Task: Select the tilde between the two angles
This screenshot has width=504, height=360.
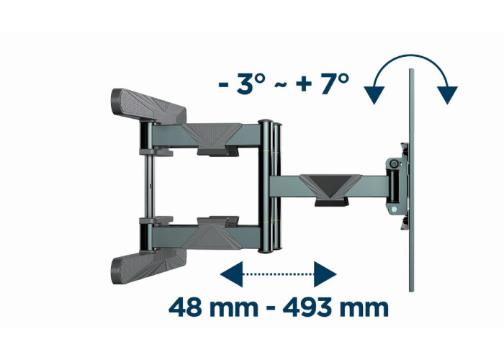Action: [x=281, y=85]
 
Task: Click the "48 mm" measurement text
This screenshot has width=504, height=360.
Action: [x=213, y=308]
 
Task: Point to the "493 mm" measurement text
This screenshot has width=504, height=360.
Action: [x=336, y=308]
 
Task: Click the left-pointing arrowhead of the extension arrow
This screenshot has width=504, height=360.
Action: [x=231, y=274]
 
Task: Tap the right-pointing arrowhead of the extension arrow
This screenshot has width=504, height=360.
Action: [x=325, y=274]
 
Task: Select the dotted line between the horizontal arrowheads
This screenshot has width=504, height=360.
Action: [x=279, y=274]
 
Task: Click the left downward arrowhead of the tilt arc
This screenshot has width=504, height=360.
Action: [x=374, y=95]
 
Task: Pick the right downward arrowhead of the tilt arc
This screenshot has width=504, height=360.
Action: [x=447, y=95]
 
